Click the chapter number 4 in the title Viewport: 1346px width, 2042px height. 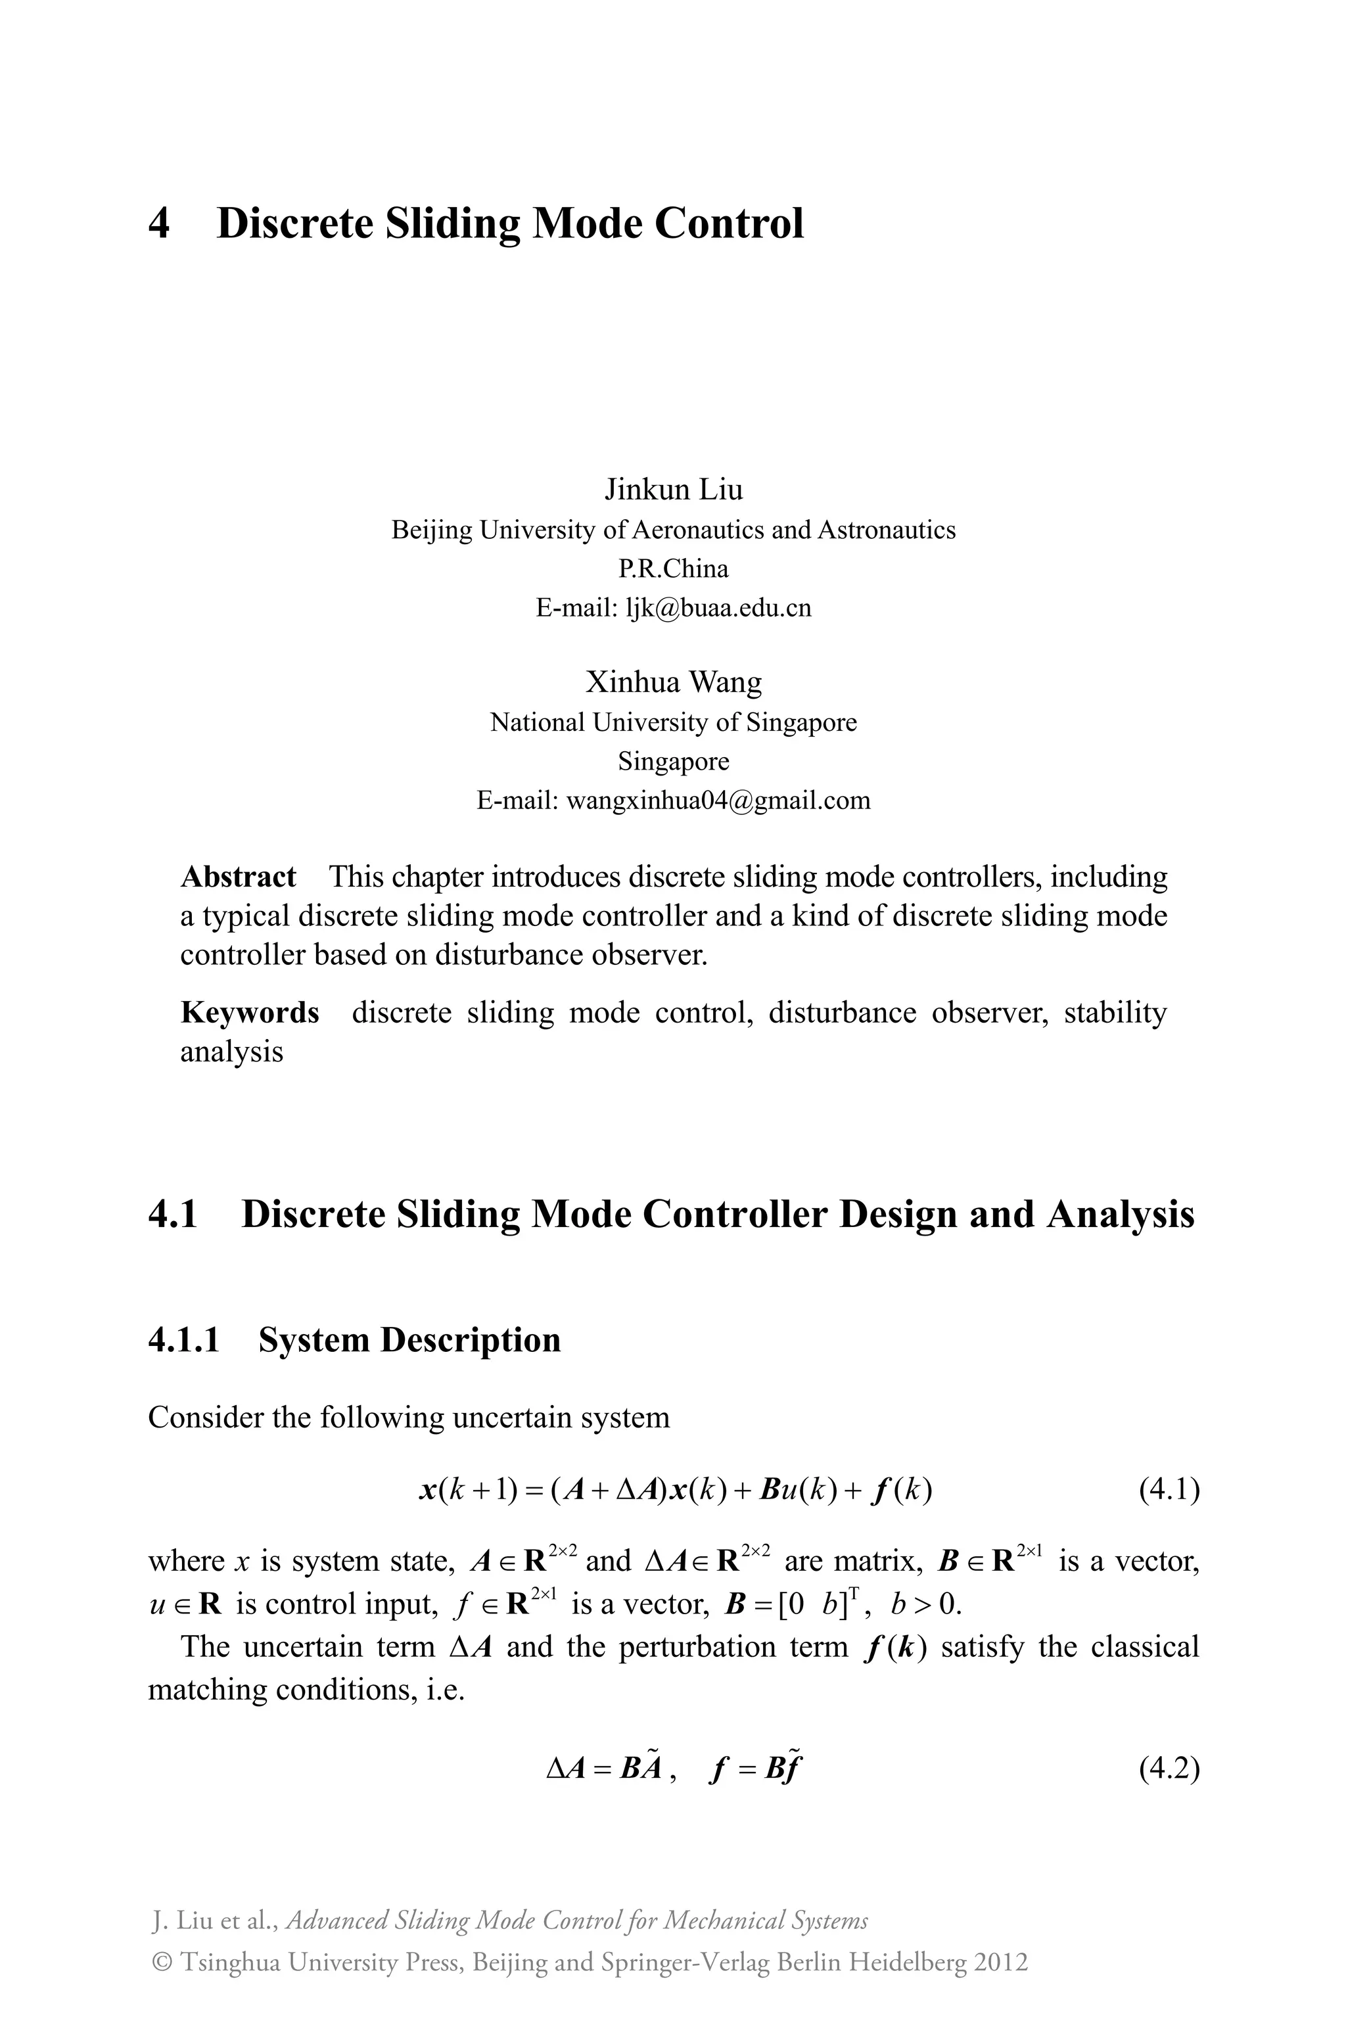160,224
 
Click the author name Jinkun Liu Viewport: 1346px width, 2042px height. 673,489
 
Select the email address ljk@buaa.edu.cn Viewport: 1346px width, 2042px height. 718,609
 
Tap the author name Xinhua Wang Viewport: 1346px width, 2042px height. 673,682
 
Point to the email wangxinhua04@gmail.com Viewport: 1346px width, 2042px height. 718,801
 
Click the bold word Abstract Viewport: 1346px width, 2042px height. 238,877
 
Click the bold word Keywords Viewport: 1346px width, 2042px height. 249,1013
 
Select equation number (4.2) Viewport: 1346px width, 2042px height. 1169,1769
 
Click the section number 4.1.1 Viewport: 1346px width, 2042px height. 184,1340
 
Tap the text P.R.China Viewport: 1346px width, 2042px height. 673,569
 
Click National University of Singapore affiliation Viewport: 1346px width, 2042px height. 673,723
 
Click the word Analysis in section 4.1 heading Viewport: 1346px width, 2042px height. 1119,1215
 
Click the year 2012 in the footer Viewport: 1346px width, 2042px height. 1000,1962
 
